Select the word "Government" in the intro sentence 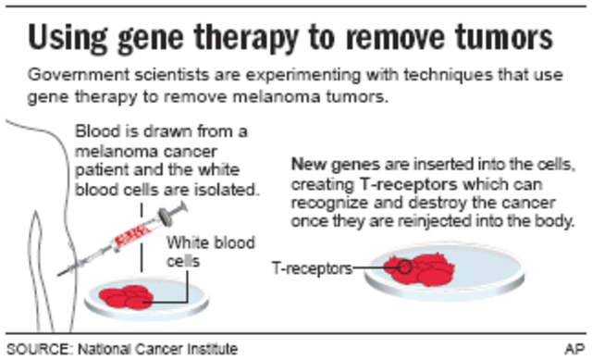pos(69,74)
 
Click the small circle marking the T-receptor pos(405,268)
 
